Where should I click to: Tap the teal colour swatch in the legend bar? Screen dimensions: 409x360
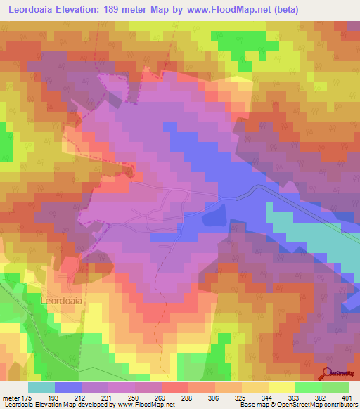coord(41,388)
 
